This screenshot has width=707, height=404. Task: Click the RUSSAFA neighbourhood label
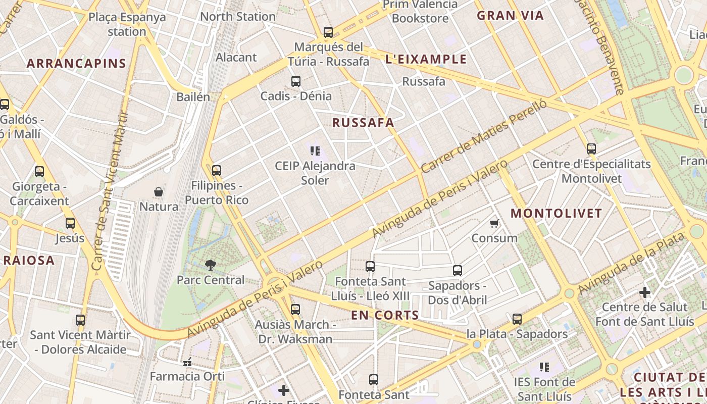pos(363,123)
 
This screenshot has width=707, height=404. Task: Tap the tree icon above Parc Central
pos(210,265)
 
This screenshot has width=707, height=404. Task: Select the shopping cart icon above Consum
pos(494,223)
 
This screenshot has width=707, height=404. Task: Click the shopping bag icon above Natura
pos(159,192)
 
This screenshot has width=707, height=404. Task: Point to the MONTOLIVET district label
pos(556,213)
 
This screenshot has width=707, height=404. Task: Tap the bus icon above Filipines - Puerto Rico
pos(217,171)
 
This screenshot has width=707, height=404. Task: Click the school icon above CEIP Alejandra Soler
pos(315,150)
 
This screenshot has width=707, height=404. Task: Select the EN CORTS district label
pos(385,316)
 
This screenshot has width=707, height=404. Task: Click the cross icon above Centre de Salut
pos(645,292)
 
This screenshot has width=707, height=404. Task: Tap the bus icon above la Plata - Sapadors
pos(517,319)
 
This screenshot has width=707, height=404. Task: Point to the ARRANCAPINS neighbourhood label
pos(76,64)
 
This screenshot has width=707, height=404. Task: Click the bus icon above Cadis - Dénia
pos(296,81)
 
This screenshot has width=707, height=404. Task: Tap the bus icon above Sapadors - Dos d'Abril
pos(458,271)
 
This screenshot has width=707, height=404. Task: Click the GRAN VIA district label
pos(510,16)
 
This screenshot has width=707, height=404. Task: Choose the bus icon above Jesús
pos(70,223)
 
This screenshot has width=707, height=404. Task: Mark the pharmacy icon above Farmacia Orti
pos(187,362)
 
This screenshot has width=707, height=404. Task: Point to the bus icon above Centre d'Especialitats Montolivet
pos(591,149)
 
